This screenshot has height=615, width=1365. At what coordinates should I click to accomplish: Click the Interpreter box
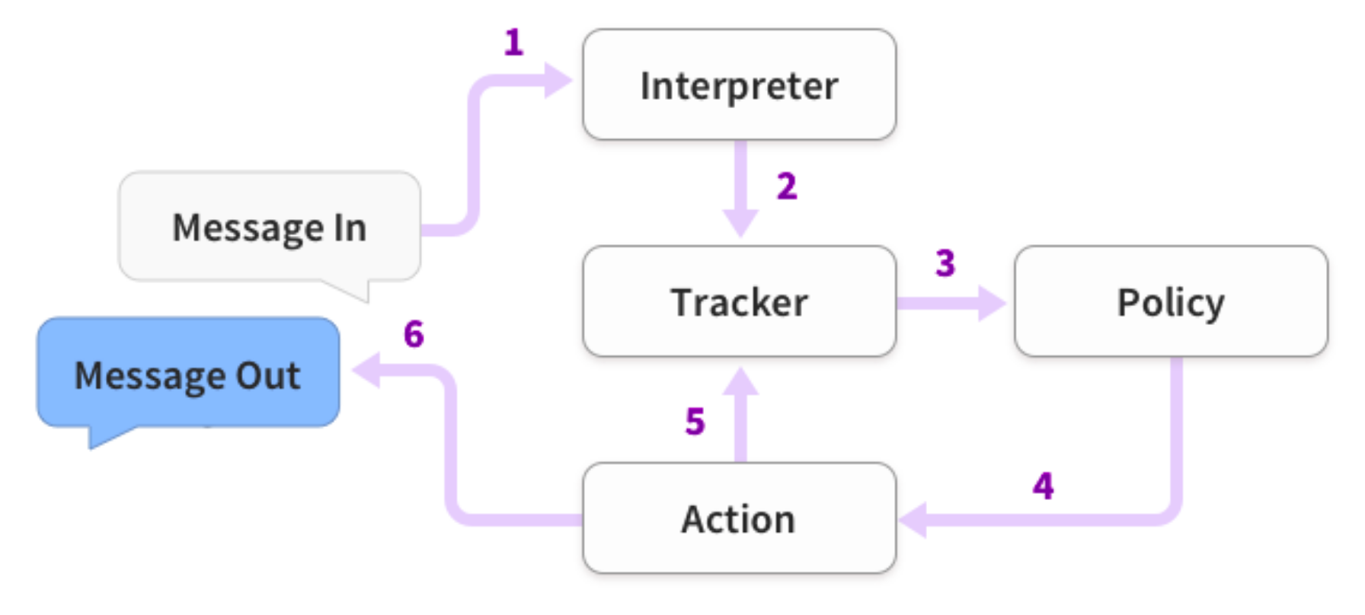tap(739, 84)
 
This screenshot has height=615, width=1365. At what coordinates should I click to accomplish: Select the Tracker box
tap(739, 301)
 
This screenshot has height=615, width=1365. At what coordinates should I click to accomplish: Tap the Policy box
tap(1171, 301)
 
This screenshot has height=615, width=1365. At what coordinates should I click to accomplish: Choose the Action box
tap(739, 518)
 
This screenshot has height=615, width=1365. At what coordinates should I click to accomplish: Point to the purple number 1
tap(514, 42)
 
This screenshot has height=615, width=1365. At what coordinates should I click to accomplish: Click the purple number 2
tap(787, 186)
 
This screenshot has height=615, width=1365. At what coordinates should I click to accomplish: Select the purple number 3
tap(945, 263)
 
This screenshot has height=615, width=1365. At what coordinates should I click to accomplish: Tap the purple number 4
tap(1044, 486)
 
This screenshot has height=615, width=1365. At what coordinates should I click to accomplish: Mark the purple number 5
tap(695, 421)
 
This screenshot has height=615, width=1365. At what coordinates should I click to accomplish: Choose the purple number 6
tap(414, 333)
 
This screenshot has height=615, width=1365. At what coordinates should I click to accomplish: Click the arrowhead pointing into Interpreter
tap(558, 80)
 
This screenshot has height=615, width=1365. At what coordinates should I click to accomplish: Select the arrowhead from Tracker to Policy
tap(992, 303)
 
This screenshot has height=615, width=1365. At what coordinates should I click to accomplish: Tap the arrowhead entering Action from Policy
tap(913, 520)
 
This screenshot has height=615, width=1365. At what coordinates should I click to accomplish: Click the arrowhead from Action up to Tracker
tap(740, 381)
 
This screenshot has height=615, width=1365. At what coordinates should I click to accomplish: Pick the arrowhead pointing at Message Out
tap(366, 371)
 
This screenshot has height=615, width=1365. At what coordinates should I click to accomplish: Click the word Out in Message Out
tap(268, 376)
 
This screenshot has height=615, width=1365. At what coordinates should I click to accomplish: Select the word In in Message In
tap(350, 228)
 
